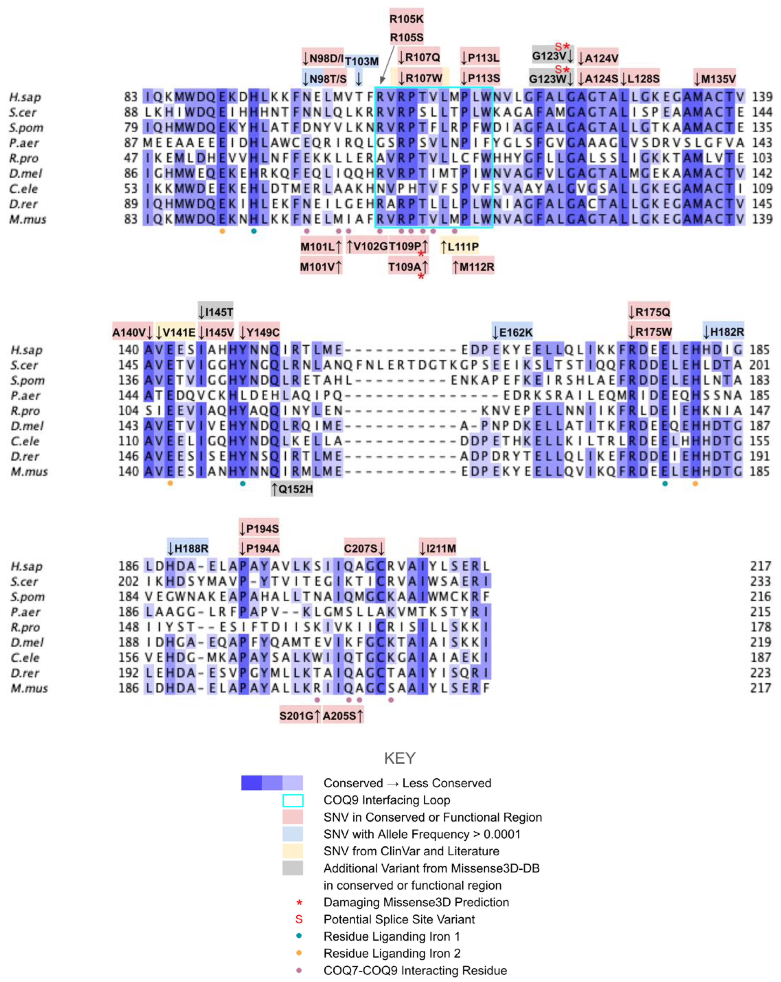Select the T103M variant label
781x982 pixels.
tap(361, 61)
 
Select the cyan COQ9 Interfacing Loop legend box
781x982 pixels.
tap(292, 800)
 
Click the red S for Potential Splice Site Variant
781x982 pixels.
tap(299, 919)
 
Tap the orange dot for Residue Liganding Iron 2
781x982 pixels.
tap(299, 953)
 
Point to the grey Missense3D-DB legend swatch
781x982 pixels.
tap(292, 868)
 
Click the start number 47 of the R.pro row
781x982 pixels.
tap(131, 158)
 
